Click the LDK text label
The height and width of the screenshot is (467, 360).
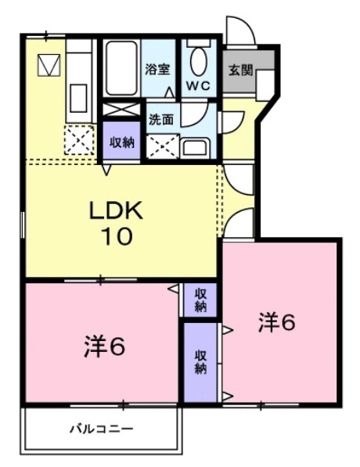click(115, 211)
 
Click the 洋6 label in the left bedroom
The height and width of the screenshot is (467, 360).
click(104, 347)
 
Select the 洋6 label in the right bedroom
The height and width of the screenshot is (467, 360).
click(277, 322)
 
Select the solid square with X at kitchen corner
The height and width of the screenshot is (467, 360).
click(49, 65)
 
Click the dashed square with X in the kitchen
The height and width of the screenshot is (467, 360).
click(79, 141)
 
